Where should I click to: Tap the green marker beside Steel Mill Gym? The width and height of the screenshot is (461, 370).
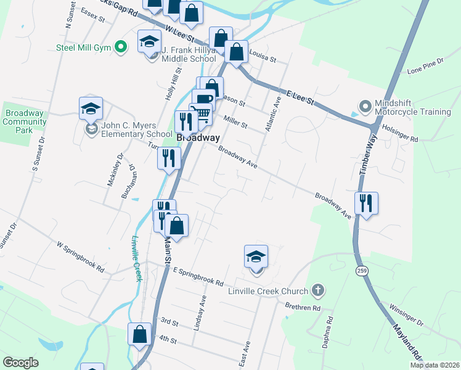point(122,46)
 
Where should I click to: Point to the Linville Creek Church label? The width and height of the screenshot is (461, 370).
point(269,290)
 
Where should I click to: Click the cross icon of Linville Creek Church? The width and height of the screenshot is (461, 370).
point(318,290)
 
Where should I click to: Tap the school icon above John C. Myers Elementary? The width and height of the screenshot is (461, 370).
point(91,109)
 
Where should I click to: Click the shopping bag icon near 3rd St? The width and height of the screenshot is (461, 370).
point(140,334)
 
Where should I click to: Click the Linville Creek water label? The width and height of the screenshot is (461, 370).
point(136,259)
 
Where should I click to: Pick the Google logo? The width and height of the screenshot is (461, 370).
point(21,363)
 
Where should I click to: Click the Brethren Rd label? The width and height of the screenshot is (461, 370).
point(303,306)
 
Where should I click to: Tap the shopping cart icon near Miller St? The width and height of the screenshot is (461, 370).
point(200,113)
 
